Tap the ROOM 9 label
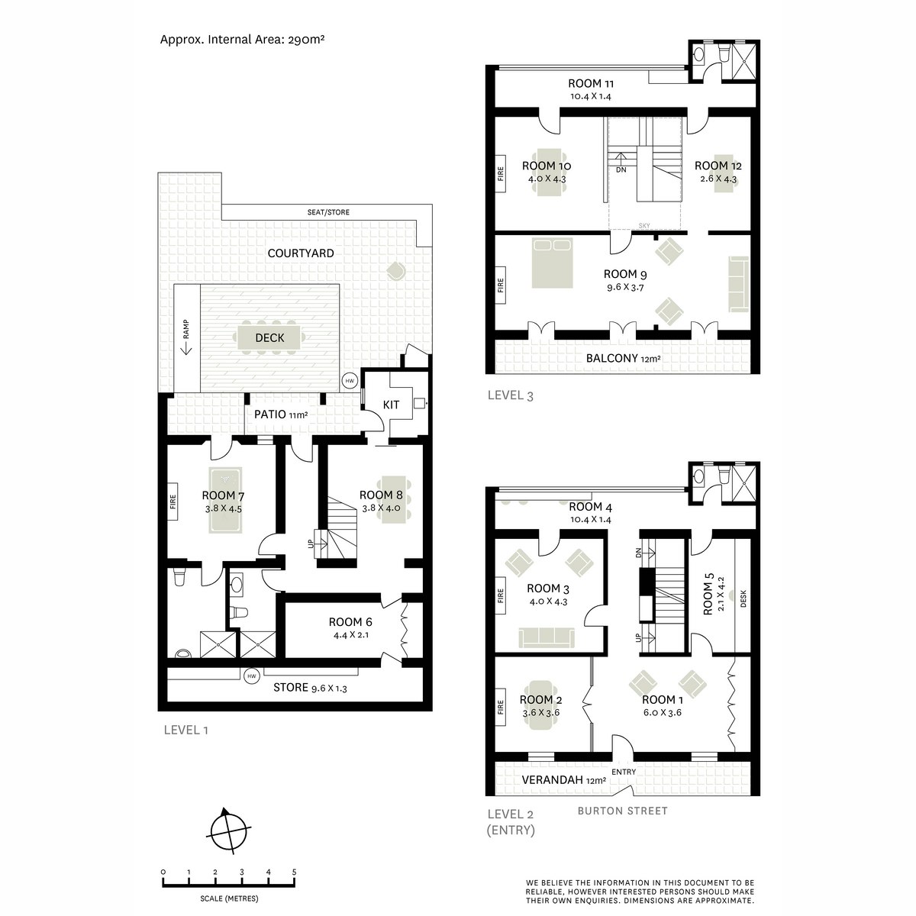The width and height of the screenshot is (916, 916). [x=625, y=274]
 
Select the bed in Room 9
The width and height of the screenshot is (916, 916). [x=552, y=263]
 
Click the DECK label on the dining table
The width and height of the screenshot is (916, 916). [x=269, y=338]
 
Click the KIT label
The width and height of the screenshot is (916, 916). [x=391, y=405]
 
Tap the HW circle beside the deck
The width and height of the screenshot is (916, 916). [x=350, y=381]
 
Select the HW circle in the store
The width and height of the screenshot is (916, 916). [x=251, y=676]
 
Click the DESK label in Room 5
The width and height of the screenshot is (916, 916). [x=743, y=598]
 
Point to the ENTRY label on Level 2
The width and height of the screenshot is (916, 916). [x=623, y=772]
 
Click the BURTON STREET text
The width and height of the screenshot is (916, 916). [x=623, y=811]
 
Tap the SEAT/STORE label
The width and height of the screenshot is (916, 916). [x=328, y=212]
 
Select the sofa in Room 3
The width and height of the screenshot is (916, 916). [x=547, y=637]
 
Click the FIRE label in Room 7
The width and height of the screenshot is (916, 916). [x=173, y=502]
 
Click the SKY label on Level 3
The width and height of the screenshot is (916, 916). [x=644, y=226]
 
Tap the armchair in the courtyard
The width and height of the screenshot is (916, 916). [x=396, y=272]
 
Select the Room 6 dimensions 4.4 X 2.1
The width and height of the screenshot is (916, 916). [x=350, y=634]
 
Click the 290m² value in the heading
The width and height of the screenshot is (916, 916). [x=306, y=39]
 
